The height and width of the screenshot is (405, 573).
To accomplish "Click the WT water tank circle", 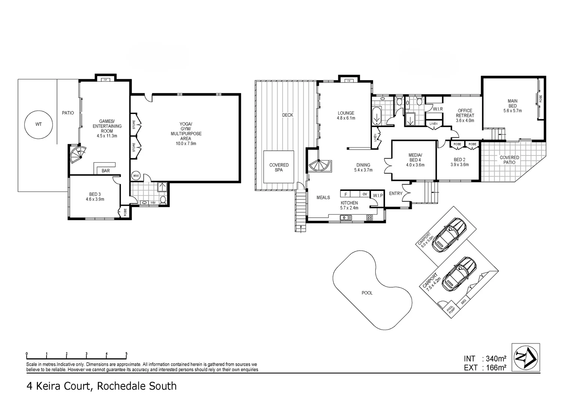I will coord(39,124).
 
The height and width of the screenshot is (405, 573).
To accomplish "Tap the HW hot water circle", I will coord(136,175).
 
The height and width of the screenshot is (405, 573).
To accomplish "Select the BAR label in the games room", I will coord(106,171).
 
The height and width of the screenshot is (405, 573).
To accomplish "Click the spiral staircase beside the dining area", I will coord(319,165).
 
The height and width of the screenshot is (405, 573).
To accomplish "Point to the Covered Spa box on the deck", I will coord(279,167).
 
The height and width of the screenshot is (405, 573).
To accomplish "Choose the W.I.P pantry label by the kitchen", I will coord(378,195).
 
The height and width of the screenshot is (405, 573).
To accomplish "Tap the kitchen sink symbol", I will coord(346,217).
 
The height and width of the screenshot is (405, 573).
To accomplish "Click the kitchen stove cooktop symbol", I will coord(369,217).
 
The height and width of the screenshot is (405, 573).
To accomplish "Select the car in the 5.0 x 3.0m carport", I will coord(448,235).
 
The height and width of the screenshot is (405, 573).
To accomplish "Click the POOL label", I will coord(367,293).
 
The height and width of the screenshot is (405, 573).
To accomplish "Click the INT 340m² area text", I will coord(485,358).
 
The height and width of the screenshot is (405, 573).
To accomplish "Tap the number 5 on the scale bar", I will coord(126,354).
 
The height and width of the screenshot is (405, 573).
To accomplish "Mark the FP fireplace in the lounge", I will coord(348,80).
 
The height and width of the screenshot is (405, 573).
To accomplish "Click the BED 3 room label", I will coord(94,196).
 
